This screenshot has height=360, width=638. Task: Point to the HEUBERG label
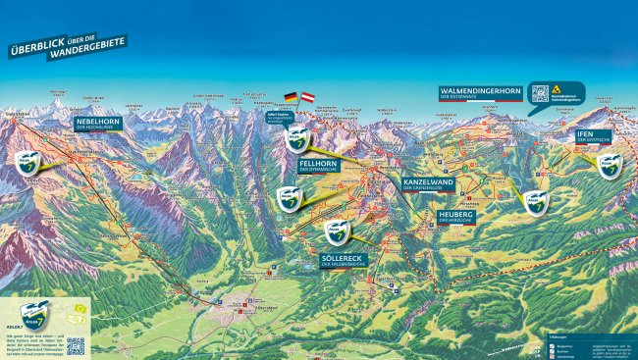coord(456,216)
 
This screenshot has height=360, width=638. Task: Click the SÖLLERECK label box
coord(345,261)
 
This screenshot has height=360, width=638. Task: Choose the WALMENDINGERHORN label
coord(480,93)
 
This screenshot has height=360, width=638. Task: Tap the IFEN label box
coord(593,135)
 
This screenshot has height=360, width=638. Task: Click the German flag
coord(291,97)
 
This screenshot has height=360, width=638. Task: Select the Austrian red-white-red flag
coord(307,97)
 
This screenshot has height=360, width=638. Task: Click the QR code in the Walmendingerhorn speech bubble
coord(540,93)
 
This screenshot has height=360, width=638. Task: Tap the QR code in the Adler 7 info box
coord(76,346)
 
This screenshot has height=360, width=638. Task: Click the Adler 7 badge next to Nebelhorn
coord(27,162)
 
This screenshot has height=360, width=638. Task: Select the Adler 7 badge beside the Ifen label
coord(610,166)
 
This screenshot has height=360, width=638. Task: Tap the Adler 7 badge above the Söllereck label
coord(338,232)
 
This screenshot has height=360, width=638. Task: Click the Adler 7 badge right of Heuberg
coord(535,203)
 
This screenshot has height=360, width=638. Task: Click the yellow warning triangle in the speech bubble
coord(556,88)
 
